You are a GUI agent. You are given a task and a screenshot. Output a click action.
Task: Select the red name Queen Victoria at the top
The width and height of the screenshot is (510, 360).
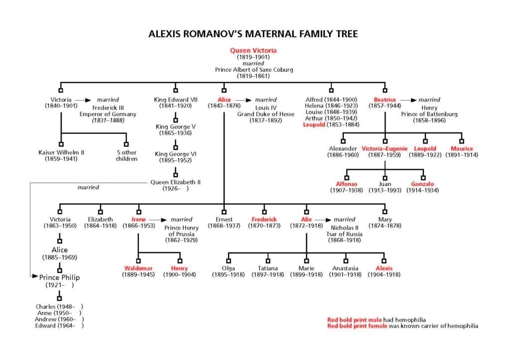[x=253, y=50]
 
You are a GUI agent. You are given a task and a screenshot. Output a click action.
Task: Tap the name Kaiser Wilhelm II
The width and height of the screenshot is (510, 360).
[x=61, y=152]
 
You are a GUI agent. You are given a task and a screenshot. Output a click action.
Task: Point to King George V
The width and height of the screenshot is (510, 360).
[x=175, y=127]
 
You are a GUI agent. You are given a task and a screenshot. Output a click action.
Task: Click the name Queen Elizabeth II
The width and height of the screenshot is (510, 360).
[x=175, y=182]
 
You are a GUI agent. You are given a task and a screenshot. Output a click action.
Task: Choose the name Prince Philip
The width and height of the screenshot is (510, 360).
[x=60, y=277]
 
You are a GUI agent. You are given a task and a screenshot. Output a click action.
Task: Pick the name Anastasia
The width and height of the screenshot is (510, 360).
[x=345, y=268]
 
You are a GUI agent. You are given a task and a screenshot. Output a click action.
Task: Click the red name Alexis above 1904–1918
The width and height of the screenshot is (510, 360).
[x=384, y=268]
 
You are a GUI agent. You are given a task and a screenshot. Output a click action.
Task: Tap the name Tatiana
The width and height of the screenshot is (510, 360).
[x=267, y=268]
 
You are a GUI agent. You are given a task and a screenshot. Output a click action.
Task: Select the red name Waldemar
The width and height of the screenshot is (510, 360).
[x=138, y=268]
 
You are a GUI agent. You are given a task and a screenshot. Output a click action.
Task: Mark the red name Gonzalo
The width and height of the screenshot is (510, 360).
[x=422, y=184]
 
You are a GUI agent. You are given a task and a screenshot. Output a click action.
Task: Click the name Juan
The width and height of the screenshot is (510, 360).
[x=384, y=184]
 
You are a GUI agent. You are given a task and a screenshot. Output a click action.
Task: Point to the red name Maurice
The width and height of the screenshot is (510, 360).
[x=462, y=148]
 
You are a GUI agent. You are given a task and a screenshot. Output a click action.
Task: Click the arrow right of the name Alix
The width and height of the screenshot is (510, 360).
[x=323, y=219]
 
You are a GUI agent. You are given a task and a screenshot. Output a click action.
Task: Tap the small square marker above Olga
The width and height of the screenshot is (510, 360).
[x=229, y=260]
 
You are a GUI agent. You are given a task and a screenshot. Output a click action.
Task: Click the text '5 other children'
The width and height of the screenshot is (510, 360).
[x=127, y=156]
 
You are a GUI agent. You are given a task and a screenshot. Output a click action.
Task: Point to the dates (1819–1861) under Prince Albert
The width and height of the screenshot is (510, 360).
[x=253, y=76]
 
